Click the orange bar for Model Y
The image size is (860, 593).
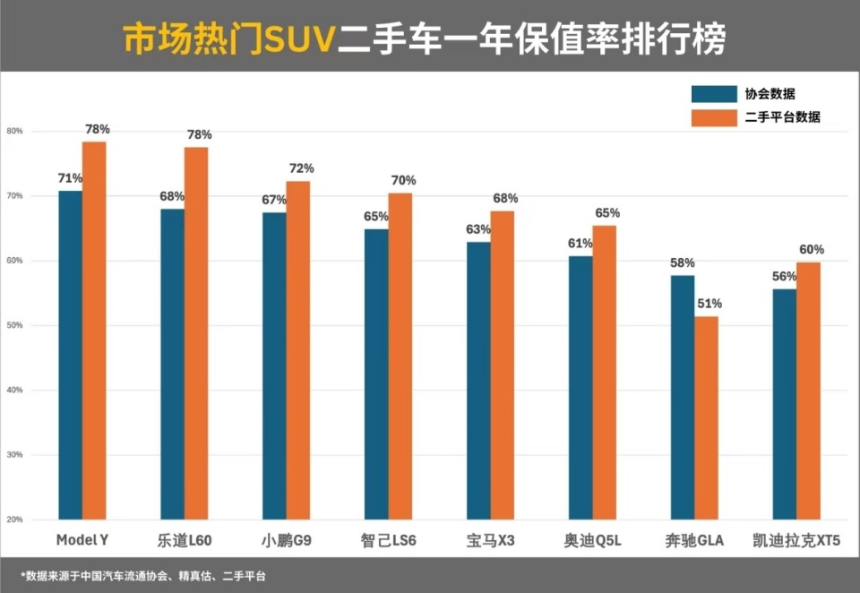coord(94,331)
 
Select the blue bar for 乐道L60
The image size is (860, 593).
coord(172,364)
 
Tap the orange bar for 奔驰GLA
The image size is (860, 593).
coord(706,417)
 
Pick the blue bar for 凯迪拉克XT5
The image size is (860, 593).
coord(784,404)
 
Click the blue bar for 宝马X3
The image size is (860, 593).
coord(478,381)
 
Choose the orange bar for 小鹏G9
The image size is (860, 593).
coord(298,350)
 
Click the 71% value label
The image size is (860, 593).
coord(70,178)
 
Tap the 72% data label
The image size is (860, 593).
coord(301,168)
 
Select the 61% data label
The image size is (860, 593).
coord(580,244)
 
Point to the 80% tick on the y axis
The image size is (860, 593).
coord(14,131)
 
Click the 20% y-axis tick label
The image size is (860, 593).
coord(14,520)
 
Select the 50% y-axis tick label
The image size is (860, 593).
coord(14,325)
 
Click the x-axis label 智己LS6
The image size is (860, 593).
coord(388,541)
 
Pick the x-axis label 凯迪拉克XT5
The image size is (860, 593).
coord(796,541)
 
